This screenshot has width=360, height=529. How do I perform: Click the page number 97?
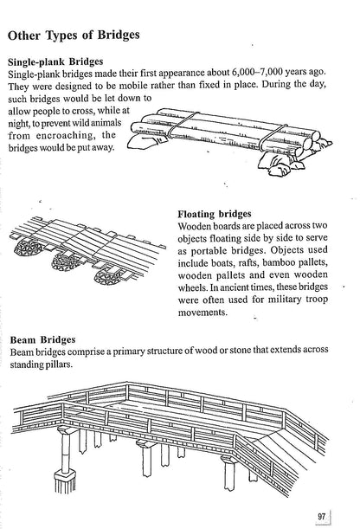tap(320, 516)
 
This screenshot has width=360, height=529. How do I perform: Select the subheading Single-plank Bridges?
tap(67, 62)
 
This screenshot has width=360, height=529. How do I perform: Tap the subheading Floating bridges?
tap(215, 214)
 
